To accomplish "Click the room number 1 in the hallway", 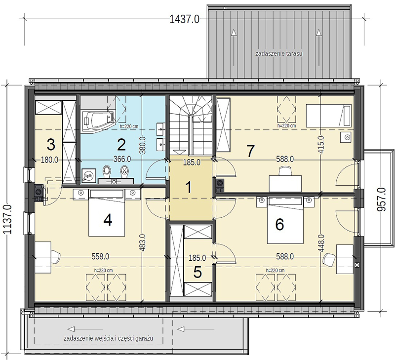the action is point(188,188).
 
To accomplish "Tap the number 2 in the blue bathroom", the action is point(121,144).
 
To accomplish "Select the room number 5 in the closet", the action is point(197,272).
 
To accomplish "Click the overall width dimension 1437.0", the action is point(184,19).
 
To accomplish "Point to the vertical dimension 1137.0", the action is point(8,219).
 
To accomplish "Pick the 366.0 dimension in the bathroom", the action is point(122,159).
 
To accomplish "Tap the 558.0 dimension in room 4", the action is point(100,257).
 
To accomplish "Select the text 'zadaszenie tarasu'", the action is point(278,53).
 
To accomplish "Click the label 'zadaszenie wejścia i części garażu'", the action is point(109,338).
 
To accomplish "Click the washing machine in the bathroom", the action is point(88,175).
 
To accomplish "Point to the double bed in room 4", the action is point(107,213).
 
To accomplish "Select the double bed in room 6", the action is point(285,220).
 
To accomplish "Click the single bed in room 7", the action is point(328,116).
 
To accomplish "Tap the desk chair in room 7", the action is point(285,171).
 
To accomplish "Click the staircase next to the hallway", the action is point(191,125).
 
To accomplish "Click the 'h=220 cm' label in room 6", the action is point(275,270).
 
